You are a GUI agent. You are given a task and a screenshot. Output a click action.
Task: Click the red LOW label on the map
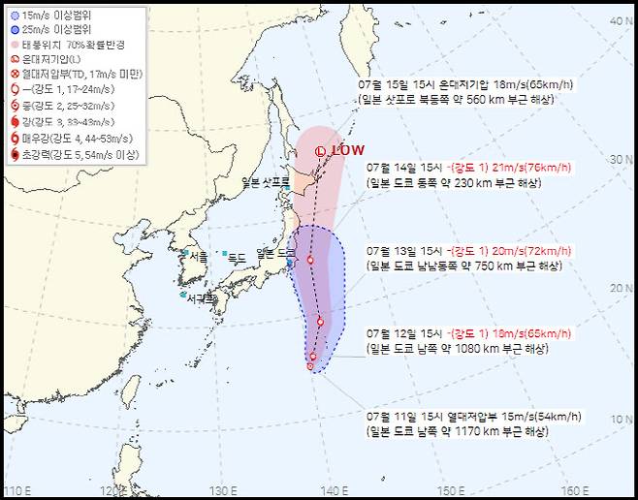point(348,150)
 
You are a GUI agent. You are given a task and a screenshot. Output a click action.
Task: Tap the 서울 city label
point(199,256)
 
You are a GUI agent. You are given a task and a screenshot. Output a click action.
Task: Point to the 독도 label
point(236,257)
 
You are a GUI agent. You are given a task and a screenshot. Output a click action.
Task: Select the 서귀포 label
point(202,297)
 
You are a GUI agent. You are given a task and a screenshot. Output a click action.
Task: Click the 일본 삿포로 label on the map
point(266,182)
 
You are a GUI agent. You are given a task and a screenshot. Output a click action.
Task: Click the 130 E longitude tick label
point(224,490)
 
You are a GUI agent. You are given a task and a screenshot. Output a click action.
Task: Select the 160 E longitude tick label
point(575,490)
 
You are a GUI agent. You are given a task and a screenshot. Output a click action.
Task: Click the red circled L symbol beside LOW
point(321,150)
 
